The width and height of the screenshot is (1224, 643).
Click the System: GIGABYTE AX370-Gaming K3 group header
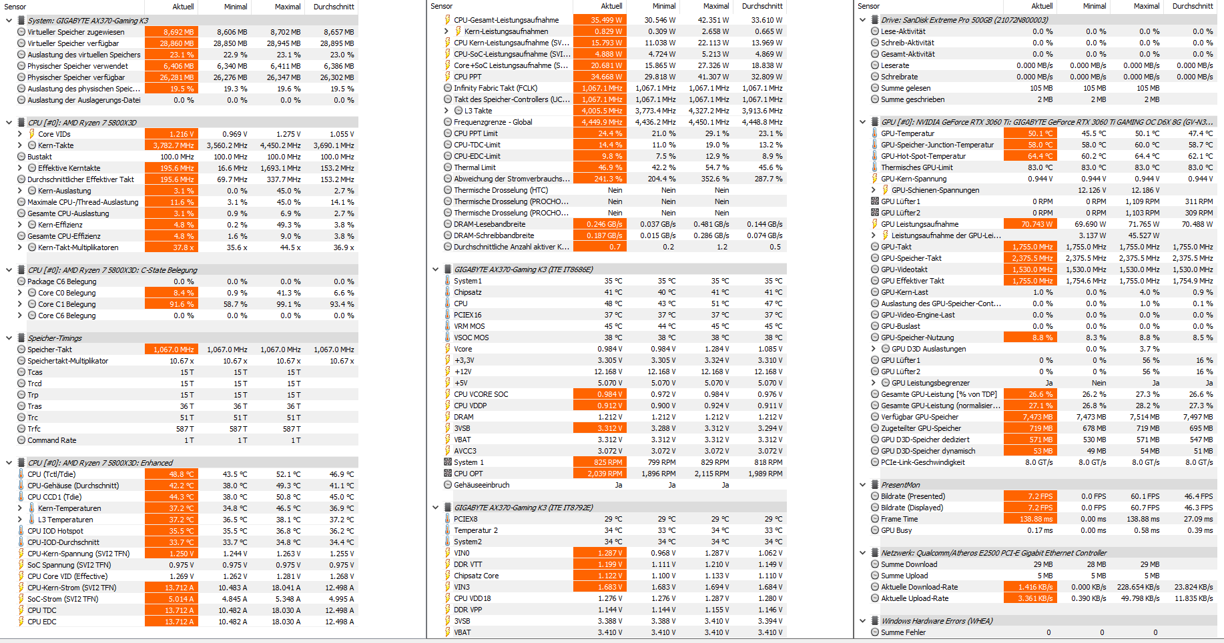point(88,21)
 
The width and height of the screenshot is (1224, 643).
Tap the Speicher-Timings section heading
point(55,338)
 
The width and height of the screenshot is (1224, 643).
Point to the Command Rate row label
point(52,440)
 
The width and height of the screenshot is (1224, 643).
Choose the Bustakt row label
point(39,157)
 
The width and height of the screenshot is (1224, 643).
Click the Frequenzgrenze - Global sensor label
point(493,122)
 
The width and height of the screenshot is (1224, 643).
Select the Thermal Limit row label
point(475,167)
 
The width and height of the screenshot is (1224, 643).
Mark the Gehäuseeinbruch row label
point(481,485)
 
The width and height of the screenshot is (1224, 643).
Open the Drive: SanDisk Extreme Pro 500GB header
point(964,20)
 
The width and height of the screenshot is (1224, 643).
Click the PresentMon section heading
point(900,485)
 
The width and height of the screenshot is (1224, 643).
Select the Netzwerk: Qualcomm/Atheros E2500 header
point(993,553)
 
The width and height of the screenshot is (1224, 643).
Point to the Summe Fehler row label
point(903,632)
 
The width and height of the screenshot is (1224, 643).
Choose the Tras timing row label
point(35,406)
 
